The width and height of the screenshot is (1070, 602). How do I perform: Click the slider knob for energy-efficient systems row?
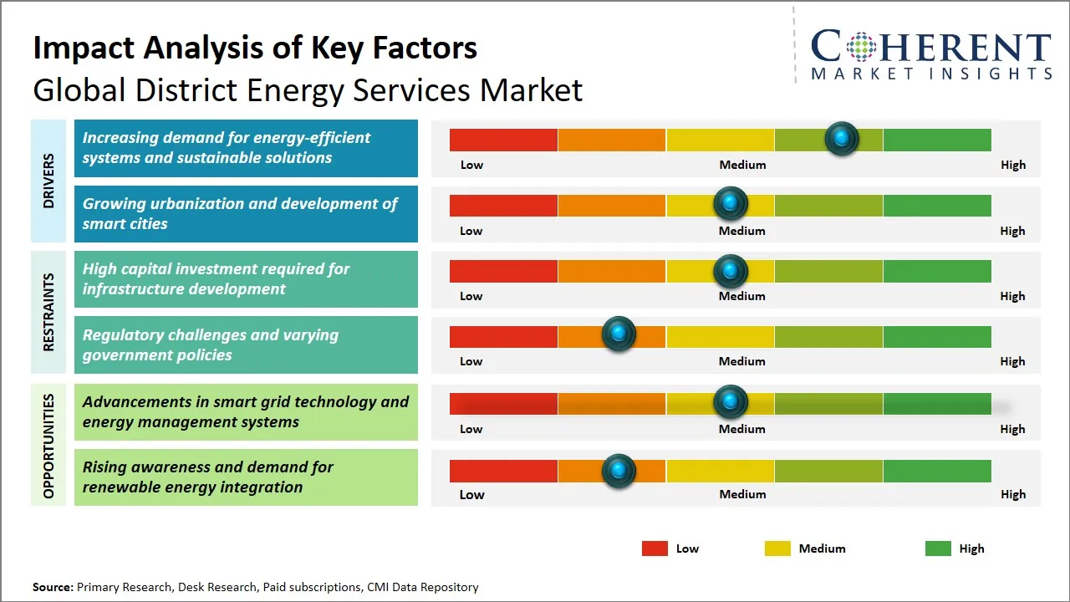click(842, 139)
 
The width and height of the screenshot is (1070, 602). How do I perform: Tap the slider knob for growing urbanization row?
click(731, 204)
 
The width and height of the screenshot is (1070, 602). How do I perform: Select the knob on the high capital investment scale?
click(731, 270)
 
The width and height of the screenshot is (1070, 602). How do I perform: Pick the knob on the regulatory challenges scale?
click(619, 334)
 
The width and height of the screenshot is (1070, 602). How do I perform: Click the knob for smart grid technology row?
click(731, 402)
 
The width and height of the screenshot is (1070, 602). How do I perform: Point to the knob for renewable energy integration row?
click(619, 471)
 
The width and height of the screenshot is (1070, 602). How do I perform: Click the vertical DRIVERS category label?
click(48, 181)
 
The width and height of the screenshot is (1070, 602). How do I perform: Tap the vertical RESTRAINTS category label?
click(48, 312)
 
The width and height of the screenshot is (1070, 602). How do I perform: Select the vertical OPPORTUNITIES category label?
click(48, 446)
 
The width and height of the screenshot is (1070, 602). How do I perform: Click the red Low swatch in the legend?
click(655, 548)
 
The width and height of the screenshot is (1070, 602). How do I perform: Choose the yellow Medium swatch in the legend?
click(777, 548)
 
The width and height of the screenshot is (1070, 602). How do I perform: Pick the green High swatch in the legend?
click(938, 548)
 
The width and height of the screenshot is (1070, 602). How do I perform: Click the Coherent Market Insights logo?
click(931, 55)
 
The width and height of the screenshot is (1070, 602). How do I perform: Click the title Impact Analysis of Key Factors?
click(255, 48)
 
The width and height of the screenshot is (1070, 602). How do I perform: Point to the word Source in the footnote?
click(53, 587)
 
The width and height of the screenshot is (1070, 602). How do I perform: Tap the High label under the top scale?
click(1012, 165)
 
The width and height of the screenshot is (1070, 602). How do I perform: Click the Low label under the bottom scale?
click(471, 494)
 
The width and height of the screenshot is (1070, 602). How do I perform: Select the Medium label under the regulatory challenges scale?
click(741, 361)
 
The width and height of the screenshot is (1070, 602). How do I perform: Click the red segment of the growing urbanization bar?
click(503, 205)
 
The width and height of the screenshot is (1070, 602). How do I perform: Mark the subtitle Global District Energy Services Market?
click(308, 90)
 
